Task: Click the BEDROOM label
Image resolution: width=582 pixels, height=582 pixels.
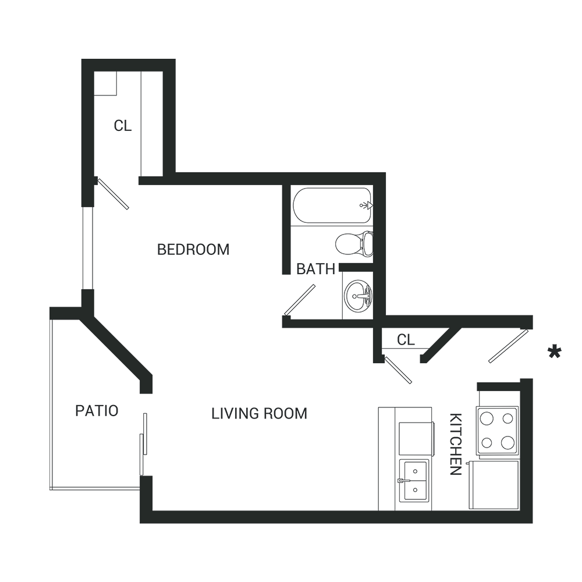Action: tap(193, 250)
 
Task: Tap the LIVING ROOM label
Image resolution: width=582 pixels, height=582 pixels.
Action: tap(259, 413)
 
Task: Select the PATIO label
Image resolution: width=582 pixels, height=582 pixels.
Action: tap(97, 411)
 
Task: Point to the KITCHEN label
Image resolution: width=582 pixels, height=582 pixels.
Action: tap(456, 444)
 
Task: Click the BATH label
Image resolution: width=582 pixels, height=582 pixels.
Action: tap(315, 269)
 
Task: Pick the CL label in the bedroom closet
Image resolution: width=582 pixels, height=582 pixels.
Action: tap(122, 126)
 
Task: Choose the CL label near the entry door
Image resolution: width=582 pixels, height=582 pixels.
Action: tap(406, 340)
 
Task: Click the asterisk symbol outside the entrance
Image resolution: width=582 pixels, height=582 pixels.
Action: tap(555, 352)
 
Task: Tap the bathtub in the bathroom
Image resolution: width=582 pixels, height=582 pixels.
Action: tap(332, 205)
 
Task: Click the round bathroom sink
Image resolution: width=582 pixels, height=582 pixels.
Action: tap(358, 295)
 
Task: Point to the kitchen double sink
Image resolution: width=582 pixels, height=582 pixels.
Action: tap(414, 481)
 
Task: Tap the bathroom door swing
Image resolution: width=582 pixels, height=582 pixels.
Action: tap(300, 300)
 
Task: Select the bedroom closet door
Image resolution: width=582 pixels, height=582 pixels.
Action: tap(113, 193)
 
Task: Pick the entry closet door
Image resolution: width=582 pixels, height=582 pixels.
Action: tap(398, 370)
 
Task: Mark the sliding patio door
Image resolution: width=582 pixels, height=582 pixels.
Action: tap(143, 444)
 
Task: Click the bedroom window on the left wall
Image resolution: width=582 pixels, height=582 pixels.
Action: tap(87, 248)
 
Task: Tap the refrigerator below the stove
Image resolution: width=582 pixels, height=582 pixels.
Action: tap(494, 485)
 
